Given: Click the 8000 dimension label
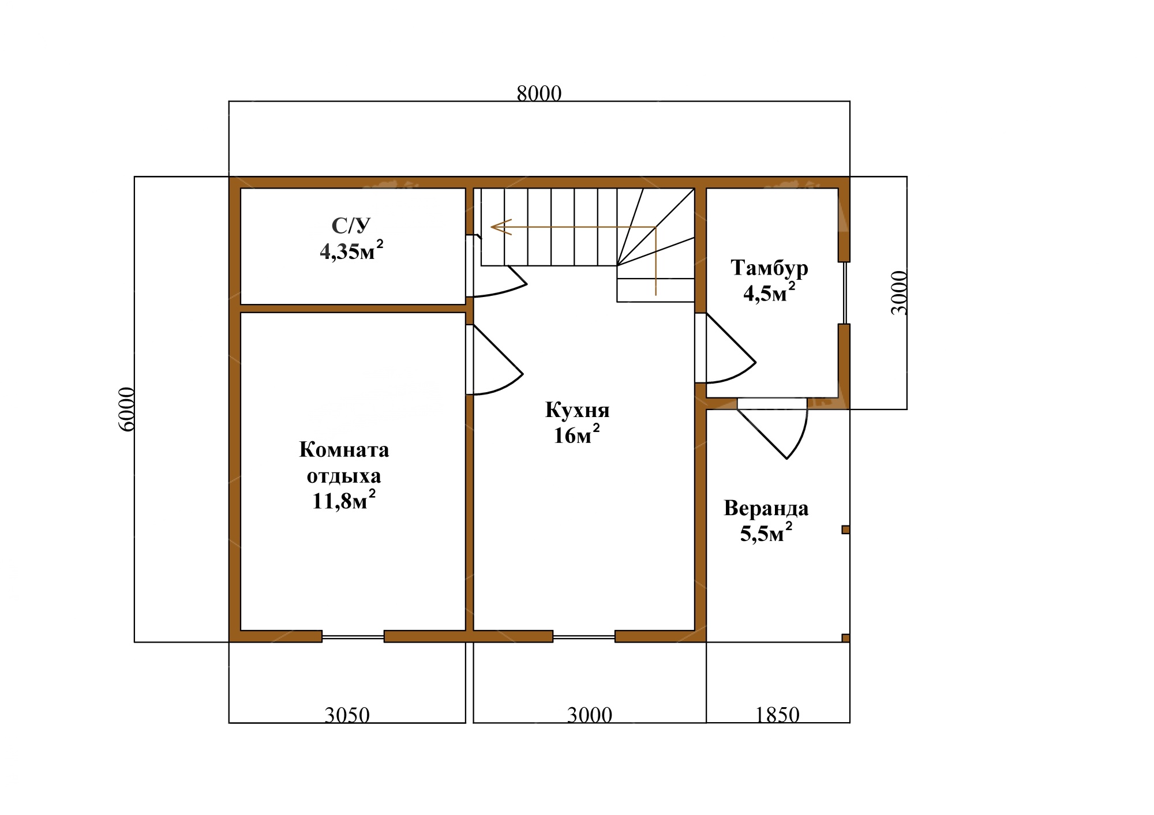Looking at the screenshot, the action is [539, 93].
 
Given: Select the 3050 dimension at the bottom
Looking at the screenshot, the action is [347, 715].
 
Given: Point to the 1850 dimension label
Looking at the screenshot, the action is [777, 715].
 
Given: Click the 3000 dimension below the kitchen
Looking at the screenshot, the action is [589, 715].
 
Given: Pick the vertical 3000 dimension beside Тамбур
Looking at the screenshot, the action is [899, 292].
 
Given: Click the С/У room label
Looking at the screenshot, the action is [351, 225].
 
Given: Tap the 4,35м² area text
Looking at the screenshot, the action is [351, 251].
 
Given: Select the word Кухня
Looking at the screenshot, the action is [577, 410].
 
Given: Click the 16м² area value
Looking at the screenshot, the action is [576, 435].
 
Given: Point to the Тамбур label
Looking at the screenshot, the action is [769, 268].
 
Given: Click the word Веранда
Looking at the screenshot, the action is [766, 509].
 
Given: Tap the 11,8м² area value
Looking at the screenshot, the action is [344, 500].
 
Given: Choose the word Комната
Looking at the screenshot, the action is [344, 450].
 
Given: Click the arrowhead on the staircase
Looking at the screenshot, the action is [500, 227].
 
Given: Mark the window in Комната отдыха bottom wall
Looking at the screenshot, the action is [353, 637].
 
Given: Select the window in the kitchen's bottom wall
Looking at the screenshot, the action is [584, 637].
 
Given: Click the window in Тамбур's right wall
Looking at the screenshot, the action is [845, 293].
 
